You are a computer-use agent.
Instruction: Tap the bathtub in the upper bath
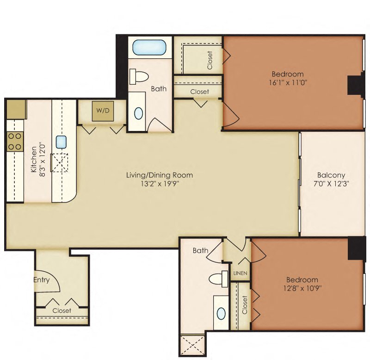tap(146, 48)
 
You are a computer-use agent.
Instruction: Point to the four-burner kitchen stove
tap(15, 141)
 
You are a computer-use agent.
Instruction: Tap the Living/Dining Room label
tap(160, 175)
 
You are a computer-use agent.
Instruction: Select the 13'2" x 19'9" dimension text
tap(160, 184)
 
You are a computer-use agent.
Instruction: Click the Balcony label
tap(331, 175)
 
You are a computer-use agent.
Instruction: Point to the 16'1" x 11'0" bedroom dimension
tap(287, 83)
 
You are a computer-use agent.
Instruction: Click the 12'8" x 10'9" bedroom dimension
tap(302, 288)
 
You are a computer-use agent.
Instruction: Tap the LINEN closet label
tap(240, 273)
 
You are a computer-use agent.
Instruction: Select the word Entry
tap(42, 280)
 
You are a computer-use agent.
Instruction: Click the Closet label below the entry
tap(62, 310)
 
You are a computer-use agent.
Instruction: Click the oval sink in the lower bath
tap(222, 313)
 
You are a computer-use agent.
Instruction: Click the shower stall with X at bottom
tap(193, 345)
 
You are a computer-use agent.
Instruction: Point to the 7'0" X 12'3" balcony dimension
tap(331, 184)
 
